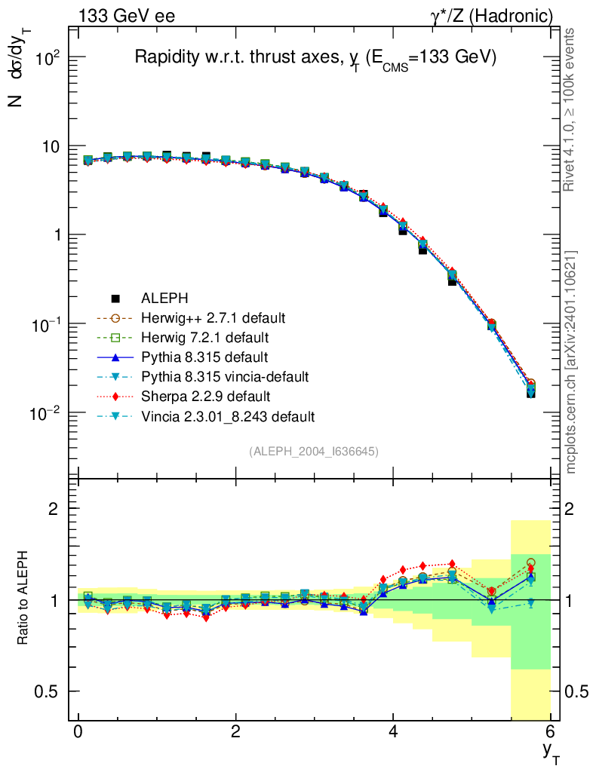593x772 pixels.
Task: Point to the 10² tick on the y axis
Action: pyautogui.click(x=45, y=58)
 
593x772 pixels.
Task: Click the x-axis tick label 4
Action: pyautogui.click(x=393, y=732)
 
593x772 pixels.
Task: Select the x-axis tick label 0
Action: pyautogui.click(x=78, y=732)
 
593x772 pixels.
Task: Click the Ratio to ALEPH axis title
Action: pyautogui.click(x=23, y=599)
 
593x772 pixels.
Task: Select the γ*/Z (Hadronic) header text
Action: pyautogui.click(x=492, y=16)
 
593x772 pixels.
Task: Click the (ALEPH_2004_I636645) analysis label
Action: pyautogui.click(x=314, y=451)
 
